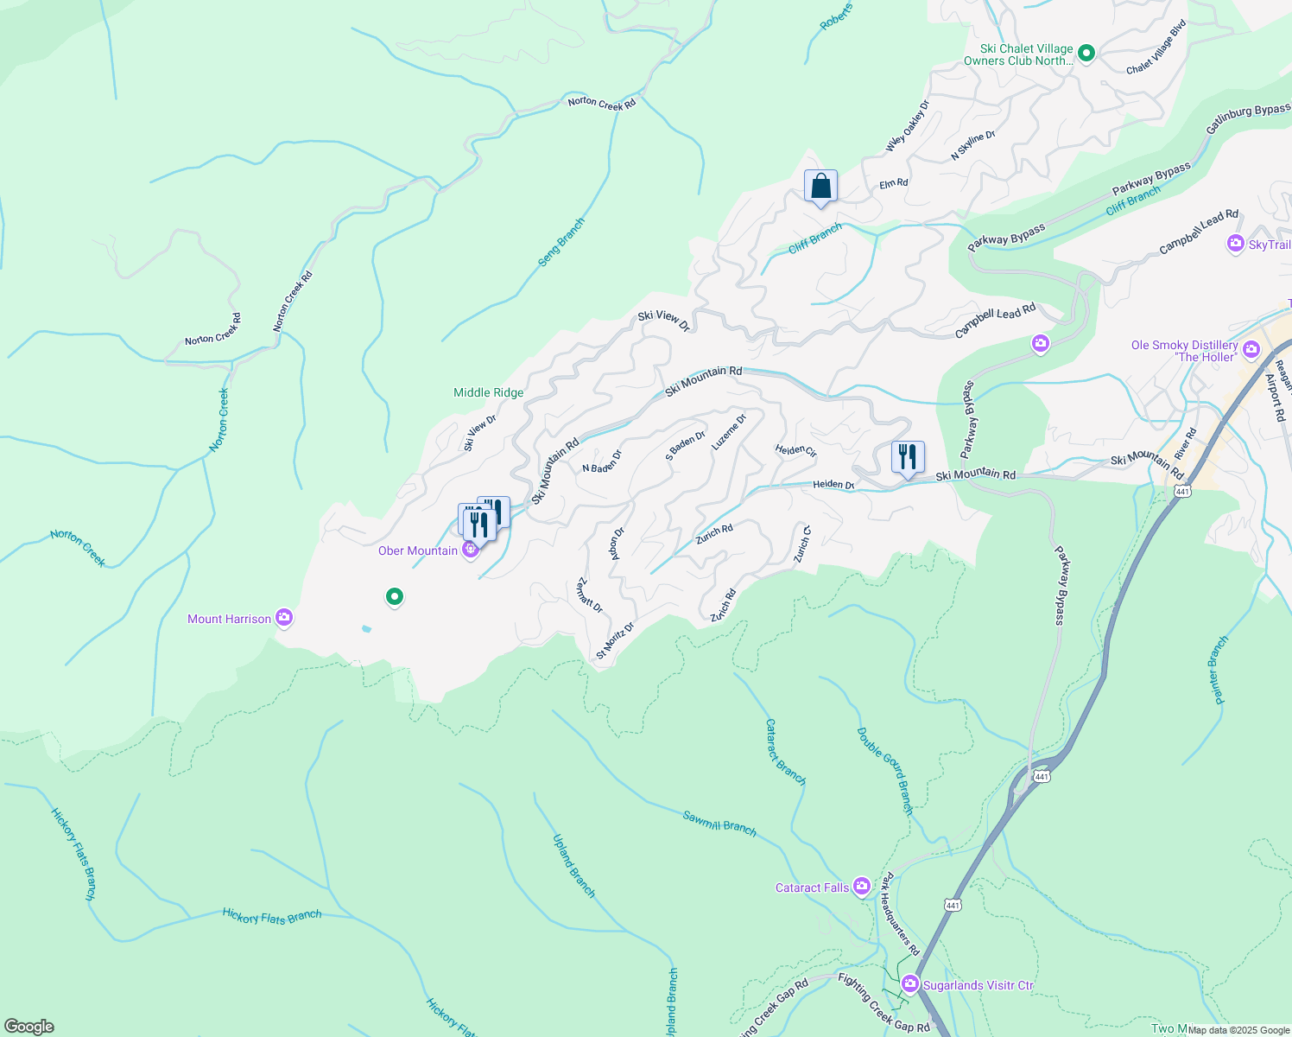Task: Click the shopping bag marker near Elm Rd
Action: [x=820, y=187]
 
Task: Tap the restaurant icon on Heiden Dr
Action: [x=907, y=457]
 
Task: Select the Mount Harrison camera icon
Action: [x=284, y=618]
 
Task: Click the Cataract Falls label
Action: [x=811, y=887]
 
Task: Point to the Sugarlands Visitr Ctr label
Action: [x=978, y=985]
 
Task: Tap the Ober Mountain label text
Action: [x=418, y=551]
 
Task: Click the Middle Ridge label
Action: [x=489, y=392]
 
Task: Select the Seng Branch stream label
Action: [x=561, y=242]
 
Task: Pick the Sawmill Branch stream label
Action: [x=719, y=824]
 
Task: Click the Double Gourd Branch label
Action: [x=885, y=771]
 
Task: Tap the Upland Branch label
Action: [x=574, y=866]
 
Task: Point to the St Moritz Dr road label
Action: [x=615, y=641]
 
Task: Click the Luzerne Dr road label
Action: [x=729, y=432]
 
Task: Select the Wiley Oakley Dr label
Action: [x=908, y=127]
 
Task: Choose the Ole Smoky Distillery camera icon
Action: [x=1251, y=350]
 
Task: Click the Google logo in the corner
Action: [x=28, y=1027]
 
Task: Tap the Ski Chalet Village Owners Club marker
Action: [x=1087, y=54]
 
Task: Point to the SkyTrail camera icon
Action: [x=1235, y=245]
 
